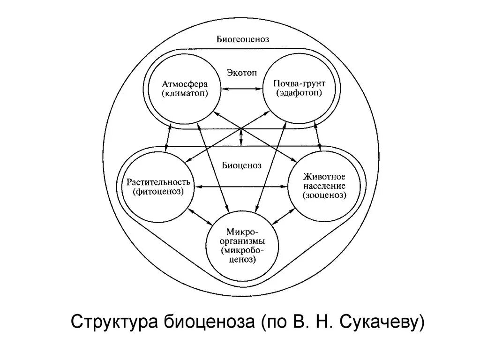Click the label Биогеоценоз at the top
(242, 39)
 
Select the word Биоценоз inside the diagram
(242, 165)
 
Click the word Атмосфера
(185, 84)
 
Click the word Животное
(324, 177)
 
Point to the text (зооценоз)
(324, 195)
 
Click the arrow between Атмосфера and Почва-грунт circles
(242, 90)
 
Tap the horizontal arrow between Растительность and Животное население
(241, 187)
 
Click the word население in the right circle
(324, 186)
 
